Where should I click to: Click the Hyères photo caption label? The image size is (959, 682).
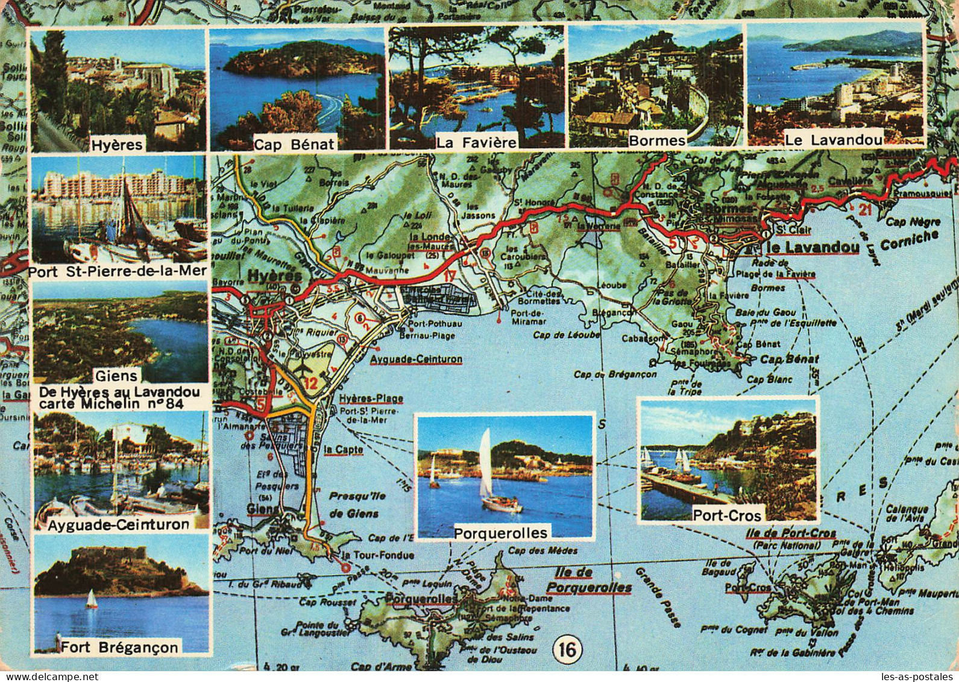[118, 145]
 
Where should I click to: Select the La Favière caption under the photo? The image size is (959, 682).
[476, 143]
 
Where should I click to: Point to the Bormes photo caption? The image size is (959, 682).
[657, 141]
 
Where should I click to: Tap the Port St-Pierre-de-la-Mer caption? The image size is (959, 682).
[118, 271]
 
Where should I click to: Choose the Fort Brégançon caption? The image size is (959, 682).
[120, 648]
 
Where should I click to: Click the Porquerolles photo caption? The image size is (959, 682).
[501, 532]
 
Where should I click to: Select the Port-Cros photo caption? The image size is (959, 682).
[728, 515]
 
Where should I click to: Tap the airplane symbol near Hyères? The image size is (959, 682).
[301, 369]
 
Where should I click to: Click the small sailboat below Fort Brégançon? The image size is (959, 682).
[92, 599]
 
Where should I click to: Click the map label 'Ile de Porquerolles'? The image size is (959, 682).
[588, 580]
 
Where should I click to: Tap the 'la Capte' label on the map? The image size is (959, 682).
[338, 449]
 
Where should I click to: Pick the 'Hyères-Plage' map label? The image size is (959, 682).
[371, 399]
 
